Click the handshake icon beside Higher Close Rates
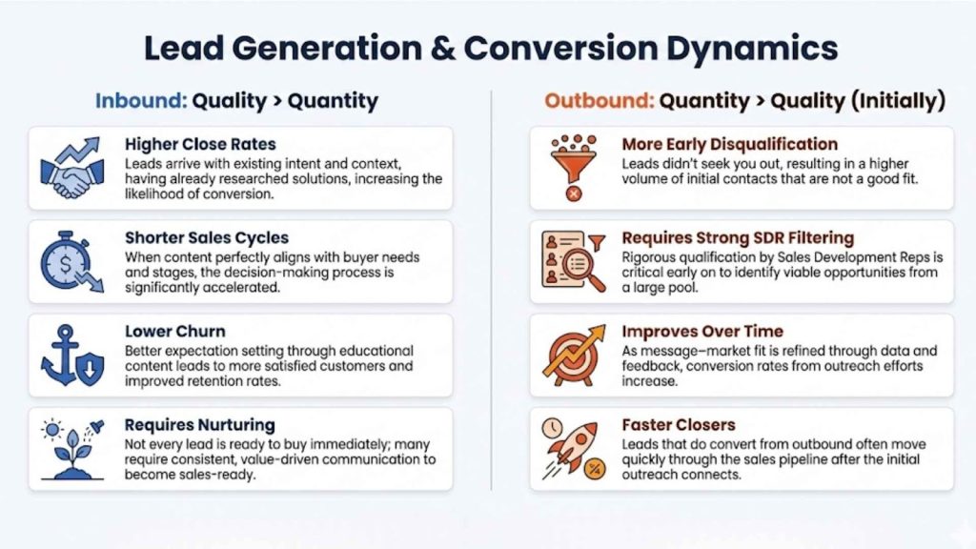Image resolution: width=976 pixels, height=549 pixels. [x=72, y=169]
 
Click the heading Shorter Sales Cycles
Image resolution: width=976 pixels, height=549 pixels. [x=206, y=238]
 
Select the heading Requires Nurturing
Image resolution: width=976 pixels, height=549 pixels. [x=199, y=425]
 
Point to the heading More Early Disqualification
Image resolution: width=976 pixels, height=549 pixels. [x=730, y=145]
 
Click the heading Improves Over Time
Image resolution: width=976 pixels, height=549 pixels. [x=702, y=332]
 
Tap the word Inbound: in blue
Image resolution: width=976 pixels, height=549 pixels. [x=140, y=101]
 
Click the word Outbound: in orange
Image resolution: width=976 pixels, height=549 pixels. [x=599, y=101]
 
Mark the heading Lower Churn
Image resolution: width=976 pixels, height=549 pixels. [x=175, y=332]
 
